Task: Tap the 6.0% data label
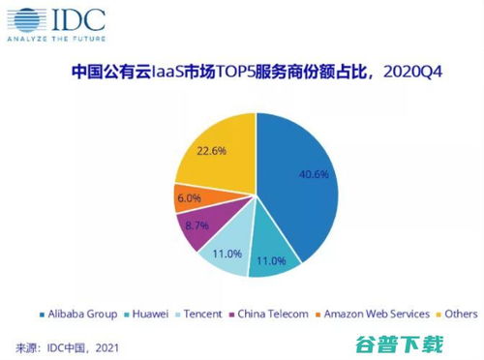point(188,197)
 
